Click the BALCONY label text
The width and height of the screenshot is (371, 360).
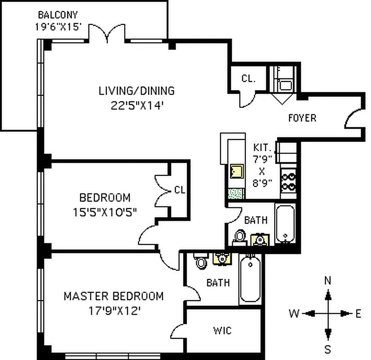(58, 14)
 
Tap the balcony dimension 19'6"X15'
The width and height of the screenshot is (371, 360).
(58, 26)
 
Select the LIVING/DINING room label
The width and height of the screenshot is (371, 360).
(136, 90)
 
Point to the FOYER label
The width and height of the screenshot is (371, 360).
(302, 118)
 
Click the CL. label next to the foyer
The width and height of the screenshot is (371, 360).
(248, 79)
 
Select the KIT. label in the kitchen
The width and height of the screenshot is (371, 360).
(263, 147)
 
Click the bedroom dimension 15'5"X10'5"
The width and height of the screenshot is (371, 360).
(105, 211)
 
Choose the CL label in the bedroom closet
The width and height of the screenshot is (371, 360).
(179, 190)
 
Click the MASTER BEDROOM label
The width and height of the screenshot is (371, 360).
(113, 296)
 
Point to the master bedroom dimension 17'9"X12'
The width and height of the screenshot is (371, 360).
(113, 310)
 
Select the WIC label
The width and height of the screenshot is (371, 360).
(222, 331)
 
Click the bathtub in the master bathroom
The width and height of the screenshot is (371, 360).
(250, 279)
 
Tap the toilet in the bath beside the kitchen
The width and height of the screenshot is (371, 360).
(240, 236)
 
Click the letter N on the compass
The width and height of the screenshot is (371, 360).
(328, 281)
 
